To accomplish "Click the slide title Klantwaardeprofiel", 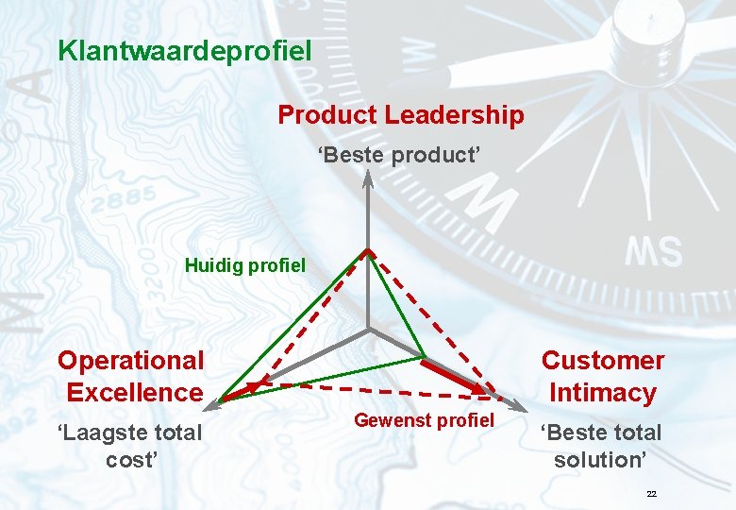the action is pos(184,50).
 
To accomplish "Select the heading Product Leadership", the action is pos(400,115).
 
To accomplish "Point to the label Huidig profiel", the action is pos(245,265).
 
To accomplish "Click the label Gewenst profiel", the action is pos(424,420).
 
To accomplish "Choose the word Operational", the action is pos(130,360).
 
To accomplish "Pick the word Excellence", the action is pos(135,392).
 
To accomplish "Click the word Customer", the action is pos(602,360).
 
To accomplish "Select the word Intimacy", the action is pos(602,392).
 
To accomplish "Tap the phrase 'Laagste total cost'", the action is pos(130,446).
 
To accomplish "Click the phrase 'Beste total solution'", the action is pos(601,446).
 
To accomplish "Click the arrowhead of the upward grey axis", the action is pos(368,180).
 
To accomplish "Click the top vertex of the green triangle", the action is pos(368,251).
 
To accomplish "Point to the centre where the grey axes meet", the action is pos(368,331).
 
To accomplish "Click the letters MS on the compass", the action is pos(654,252).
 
